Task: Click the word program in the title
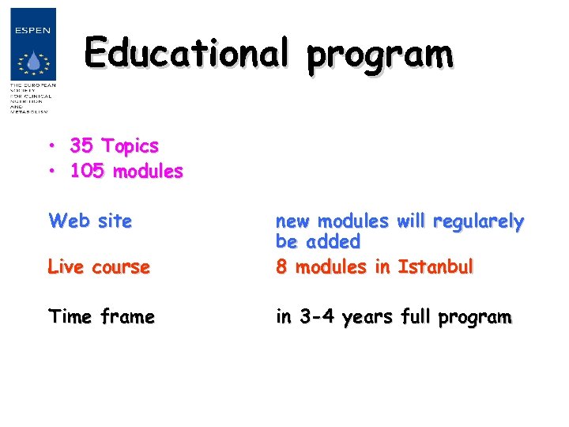coord(380,55)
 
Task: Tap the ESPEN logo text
coord(33,30)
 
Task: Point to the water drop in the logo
coord(32,62)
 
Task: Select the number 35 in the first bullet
coord(81,146)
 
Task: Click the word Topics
coord(130,147)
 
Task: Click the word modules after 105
coord(148,171)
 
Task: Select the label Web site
coord(89,221)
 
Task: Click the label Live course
coord(99,267)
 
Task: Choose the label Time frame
coord(101,317)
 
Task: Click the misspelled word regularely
coord(478,222)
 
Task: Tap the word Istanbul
coord(435,267)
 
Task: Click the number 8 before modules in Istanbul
coord(281,267)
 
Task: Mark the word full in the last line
coord(418,317)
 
